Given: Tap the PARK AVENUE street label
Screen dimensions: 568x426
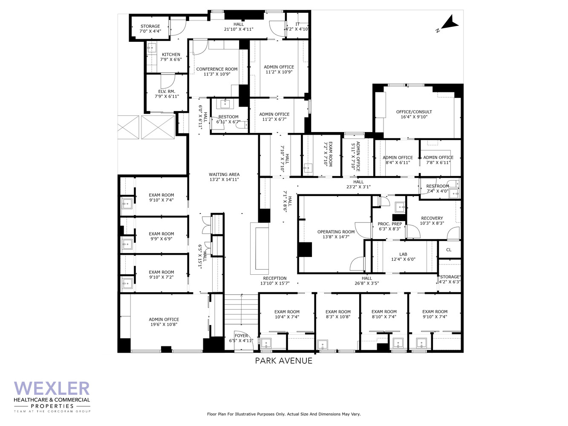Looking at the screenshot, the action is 284,360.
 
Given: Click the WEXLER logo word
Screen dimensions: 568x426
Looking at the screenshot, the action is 52,389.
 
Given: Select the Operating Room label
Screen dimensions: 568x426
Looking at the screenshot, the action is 336,232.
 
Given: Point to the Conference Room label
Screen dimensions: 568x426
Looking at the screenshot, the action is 217,69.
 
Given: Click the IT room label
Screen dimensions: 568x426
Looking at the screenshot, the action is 297,24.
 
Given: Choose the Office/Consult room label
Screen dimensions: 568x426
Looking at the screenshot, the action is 414,112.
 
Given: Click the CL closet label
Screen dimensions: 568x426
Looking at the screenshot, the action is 449,250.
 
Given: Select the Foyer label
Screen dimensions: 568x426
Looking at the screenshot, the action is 241,336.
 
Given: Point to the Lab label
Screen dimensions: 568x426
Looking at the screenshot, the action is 403,254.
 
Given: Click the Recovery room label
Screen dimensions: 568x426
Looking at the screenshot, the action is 432,218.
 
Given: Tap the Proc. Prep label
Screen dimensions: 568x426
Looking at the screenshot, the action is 390,224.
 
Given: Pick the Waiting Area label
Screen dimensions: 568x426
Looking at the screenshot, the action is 224,174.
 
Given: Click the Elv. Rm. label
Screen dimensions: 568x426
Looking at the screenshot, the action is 167,91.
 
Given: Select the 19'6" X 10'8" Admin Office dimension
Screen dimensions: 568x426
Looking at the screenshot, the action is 164,324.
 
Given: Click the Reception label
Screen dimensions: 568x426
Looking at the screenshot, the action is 275,278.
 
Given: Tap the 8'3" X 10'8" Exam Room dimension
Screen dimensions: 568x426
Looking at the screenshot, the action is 338,317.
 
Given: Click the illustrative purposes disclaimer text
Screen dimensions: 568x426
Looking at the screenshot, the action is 284,414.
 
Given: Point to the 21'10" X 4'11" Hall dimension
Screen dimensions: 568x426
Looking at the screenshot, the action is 239,29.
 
